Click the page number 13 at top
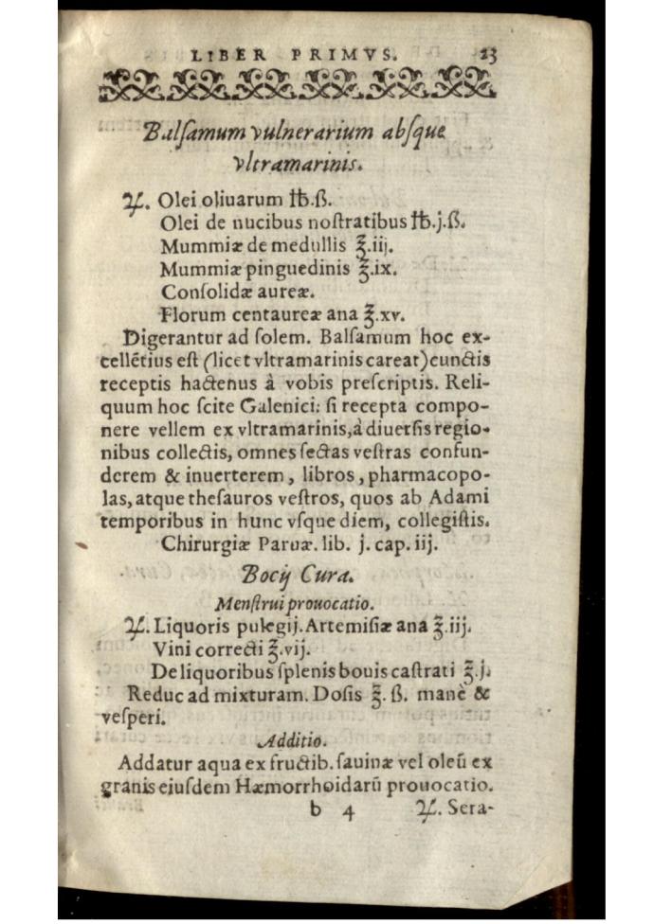pos(488,55)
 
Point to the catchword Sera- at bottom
pos(463,809)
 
